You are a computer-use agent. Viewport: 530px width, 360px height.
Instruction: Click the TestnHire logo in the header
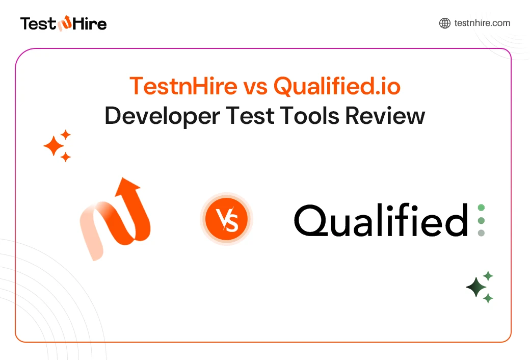coord(63,23)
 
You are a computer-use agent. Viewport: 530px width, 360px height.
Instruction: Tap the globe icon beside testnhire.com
coord(444,23)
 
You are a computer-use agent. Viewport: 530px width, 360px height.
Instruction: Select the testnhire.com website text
coord(482,23)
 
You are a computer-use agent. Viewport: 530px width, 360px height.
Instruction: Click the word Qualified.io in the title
coord(337,87)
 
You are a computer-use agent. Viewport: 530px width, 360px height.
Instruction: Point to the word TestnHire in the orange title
coord(183,87)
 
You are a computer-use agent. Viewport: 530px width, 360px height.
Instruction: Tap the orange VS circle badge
coord(226,220)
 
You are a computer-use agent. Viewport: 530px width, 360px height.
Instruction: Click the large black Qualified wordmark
coord(381,221)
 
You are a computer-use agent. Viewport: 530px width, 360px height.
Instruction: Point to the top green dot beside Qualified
coord(481,208)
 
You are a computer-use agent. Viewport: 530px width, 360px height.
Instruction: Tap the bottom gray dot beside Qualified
coord(481,233)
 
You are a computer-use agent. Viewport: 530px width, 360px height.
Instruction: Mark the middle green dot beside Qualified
coord(481,220)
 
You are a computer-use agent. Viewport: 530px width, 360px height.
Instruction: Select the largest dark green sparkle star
coord(476,288)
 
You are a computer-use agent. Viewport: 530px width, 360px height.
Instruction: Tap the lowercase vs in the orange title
coord(255,87)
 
